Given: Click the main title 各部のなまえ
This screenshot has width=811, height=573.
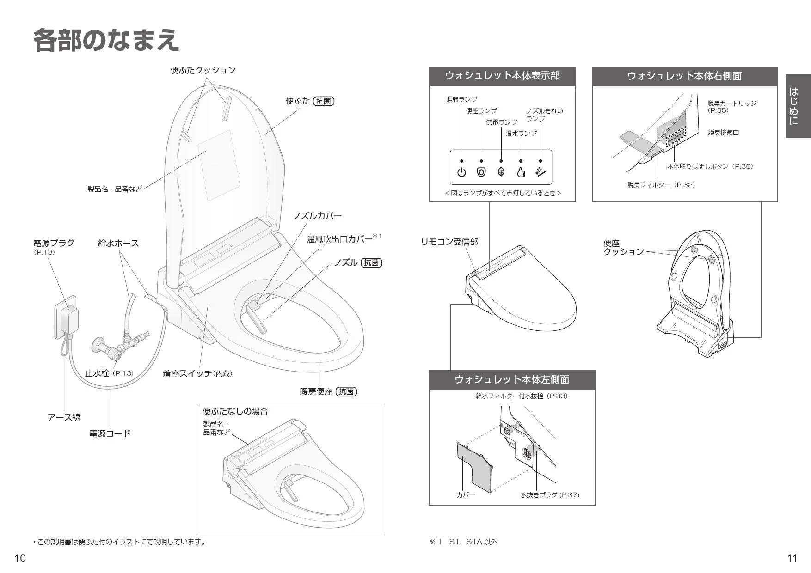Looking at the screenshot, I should tap(106, 40).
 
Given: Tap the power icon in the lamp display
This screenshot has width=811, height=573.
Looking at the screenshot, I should tap(461, 172).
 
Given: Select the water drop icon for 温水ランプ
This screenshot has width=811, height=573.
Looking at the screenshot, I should tap(521, 172).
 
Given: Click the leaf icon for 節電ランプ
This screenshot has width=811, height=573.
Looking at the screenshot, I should tap(501, 172).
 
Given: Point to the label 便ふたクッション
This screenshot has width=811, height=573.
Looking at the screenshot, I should tap(203, 70).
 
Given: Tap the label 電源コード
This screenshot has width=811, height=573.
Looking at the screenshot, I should tap(110, 433).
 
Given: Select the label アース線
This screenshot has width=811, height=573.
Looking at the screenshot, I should tap(64, 417).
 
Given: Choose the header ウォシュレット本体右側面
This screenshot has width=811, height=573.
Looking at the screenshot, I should tap(684, 76).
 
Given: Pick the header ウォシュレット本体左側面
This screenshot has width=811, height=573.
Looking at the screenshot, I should tap(512, 380).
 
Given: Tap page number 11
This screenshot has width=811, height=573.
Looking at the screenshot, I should tap(792, 558).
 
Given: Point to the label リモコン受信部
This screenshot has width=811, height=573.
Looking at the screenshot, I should tap(449, 242).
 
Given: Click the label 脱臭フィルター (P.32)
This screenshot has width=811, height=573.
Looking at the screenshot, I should tap(661, 185).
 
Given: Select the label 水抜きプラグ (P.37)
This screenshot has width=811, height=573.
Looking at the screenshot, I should tap(550, 495).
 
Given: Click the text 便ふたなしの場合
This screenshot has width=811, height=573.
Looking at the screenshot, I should tap(235, 411).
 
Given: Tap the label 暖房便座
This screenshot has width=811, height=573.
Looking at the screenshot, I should tap(316, 392).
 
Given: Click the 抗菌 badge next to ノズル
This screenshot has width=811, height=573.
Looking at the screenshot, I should tap(371, 263).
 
